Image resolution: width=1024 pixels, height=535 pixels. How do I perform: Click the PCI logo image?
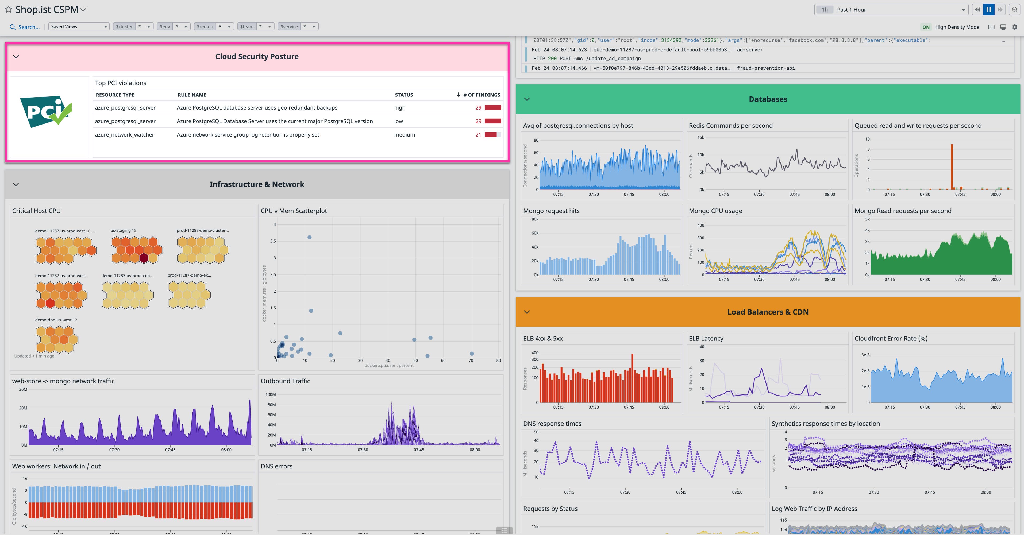(47, 112)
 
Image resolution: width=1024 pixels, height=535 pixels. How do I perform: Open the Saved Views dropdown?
(79, 27)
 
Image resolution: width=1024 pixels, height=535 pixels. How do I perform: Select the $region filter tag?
(205, 27)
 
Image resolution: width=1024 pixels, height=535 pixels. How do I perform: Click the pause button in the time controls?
(989, 10)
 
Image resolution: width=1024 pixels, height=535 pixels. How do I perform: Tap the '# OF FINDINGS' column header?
(481, 95)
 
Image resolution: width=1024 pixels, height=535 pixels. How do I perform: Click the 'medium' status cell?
(404, 135)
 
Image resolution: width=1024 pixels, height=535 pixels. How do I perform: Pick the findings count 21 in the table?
(478, 135)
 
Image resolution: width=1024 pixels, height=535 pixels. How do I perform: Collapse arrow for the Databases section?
(527, 99)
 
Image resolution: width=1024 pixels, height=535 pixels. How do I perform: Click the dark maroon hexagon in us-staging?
(144, 258)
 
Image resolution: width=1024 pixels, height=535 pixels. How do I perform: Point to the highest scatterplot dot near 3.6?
(309, 237)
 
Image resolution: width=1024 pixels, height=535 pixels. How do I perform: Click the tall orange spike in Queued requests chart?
(952, 167)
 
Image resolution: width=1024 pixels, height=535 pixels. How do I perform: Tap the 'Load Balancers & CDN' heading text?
(768, 312)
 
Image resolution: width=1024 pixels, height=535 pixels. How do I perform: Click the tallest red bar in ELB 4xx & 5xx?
(632, 377)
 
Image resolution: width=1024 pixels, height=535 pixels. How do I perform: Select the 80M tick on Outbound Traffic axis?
(271, 405)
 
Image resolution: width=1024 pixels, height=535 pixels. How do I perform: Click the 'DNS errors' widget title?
(276, 466)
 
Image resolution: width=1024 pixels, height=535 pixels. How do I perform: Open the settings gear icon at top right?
(1014, 27)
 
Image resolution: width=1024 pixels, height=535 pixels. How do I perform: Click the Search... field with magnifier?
(25, 27)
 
